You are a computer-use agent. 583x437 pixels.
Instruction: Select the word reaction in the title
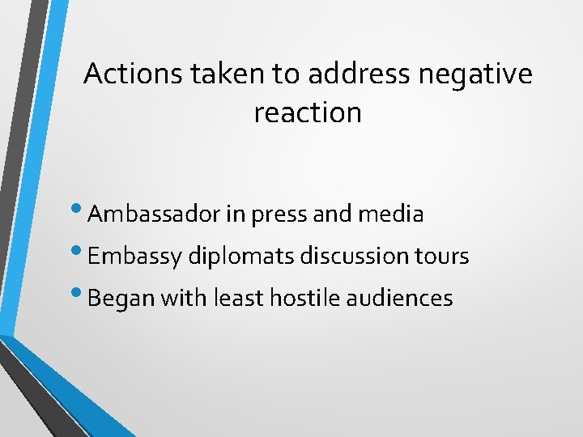[x=308, y=113]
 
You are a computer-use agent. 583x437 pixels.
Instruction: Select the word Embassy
[x=134, y=257]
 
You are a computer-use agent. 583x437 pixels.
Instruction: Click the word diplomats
[x=241, y=257]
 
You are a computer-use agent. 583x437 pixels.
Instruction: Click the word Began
[x=121, y=299]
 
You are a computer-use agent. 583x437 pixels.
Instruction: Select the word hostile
[x=306, y=299]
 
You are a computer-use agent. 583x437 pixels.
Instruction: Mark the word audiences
[x=400, y=299]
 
